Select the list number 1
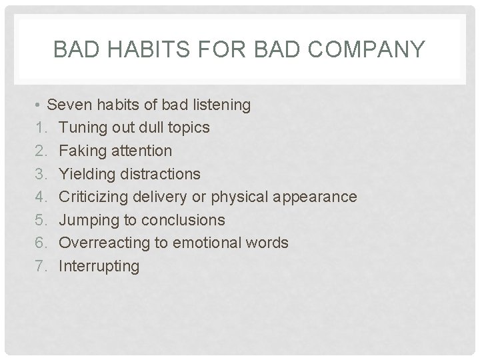point(41,128)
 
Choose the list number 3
point(41,174)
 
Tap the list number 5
point(41,220)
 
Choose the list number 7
point(41,267)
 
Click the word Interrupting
point(99,267)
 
